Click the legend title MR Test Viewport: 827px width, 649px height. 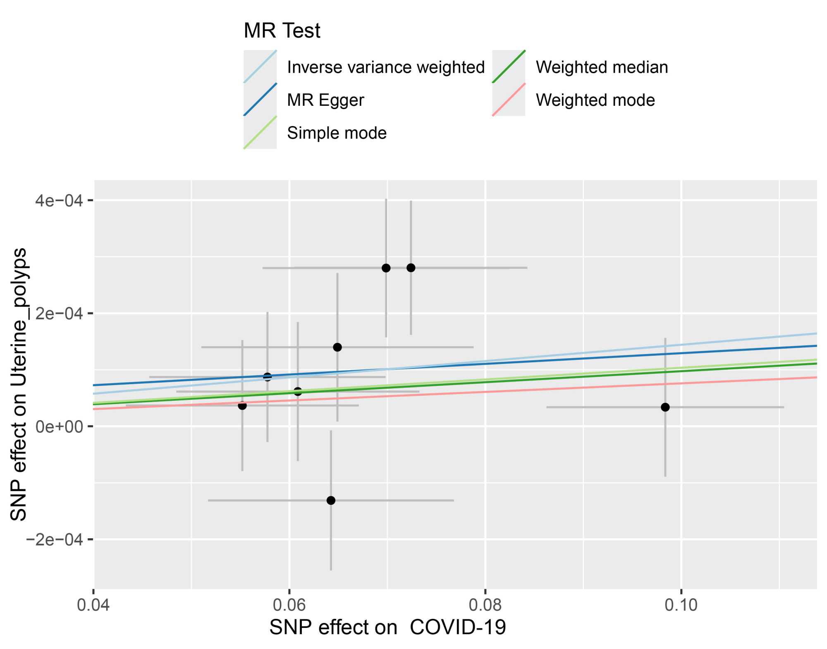tap(282, 31)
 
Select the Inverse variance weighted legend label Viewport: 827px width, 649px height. tap(385, 67)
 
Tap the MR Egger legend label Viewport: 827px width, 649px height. tap(325, 100)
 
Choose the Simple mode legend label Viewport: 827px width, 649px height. tap(337, 133)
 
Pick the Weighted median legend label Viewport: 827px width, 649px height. tap(602, 67)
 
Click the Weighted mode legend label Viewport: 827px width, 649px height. tap(595, 100)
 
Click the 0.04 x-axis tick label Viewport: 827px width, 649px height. tap(93, 605)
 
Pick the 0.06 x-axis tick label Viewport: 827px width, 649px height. tap(289, 605)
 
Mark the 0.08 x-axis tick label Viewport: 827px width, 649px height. tap(485, 605)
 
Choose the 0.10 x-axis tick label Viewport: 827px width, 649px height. tap(681, 605)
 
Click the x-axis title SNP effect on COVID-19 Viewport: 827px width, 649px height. tap(387, 628)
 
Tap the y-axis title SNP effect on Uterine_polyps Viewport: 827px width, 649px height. tap(19, 384)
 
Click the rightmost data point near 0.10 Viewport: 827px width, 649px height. tap(665, 407)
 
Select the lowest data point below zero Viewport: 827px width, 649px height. tap(331, 500)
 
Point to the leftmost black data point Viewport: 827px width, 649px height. tap(242, 406)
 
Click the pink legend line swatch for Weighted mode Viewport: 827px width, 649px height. tap(509, 100)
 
